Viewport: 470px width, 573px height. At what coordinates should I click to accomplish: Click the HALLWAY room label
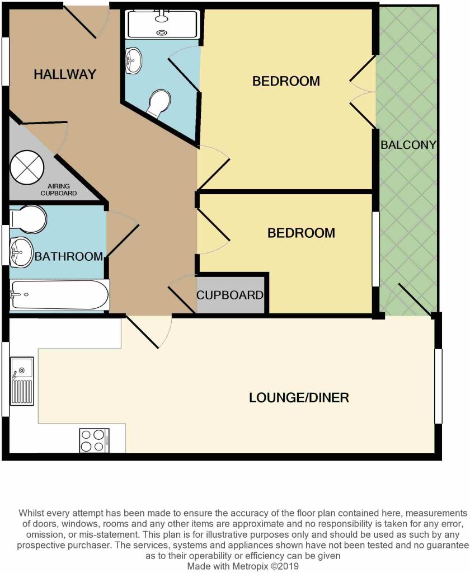[65, 74]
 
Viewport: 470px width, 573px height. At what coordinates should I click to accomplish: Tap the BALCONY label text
[408, 145]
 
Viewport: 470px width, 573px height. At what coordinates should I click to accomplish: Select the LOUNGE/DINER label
[299, 398]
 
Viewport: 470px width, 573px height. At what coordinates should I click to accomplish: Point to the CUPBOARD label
[230, 295]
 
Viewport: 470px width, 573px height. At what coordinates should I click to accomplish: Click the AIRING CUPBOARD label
[59, 190]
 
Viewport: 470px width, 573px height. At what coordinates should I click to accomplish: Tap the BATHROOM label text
[69, 256]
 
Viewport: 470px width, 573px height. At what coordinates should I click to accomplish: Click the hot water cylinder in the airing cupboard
[27, 167]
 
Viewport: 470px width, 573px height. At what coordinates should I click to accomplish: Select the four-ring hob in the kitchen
[95, 440]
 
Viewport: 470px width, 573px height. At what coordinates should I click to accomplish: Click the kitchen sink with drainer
[22, 381]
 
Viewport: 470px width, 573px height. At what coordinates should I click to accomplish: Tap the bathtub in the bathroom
[59, 295]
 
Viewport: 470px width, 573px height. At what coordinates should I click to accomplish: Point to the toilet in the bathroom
[28, 219]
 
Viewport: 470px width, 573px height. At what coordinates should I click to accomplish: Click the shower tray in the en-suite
[163, 24]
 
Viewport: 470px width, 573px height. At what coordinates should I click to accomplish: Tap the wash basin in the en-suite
[134, 60]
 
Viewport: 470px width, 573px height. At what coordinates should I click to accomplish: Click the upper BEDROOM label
[286, 81]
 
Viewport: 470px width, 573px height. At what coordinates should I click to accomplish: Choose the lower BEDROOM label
[301, 233]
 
